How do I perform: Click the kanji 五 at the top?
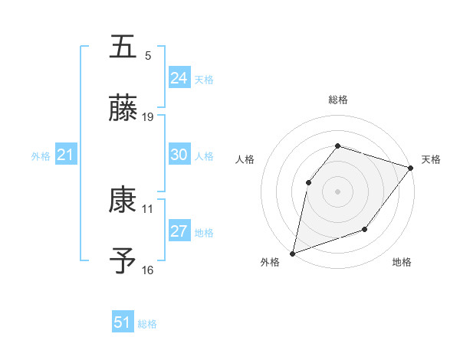tap(123, 47)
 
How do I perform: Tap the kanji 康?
tap(123, 201)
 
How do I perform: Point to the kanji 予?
tap(123, 261)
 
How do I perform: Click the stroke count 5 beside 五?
tap(148, 56)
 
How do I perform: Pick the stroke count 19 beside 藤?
tap(148, 117)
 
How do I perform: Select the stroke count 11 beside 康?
tap(148, 208)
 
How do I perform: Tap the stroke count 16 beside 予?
tap(148, 270)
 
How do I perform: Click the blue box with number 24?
tap(179, 78)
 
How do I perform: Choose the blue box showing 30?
tap(179, 155)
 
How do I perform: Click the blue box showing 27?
tap(179, 231)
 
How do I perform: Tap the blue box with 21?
tap(66, 155)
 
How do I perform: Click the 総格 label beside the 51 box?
tap(147, 324)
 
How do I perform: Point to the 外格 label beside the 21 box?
tap(41, 156)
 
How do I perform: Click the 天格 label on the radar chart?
tap(431, 159)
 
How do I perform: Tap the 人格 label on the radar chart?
tap(245, 159)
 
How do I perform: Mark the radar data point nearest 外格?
tap(292, 253)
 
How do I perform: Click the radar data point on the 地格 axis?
tap(366, 229)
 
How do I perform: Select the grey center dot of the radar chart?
tap(337, 191)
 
